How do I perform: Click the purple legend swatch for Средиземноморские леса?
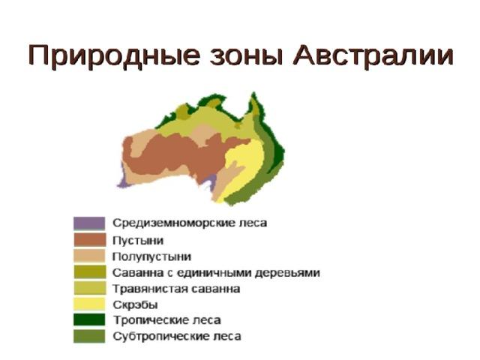coord(89,223)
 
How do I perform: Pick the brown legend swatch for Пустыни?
coord(89,240)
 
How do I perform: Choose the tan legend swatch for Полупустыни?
coord(89,256)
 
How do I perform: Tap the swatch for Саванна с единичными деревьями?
coord(89,271)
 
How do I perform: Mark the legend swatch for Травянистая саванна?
coord(89,288)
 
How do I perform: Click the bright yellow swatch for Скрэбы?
coord(89,304)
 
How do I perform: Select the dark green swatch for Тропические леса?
coord(89,320)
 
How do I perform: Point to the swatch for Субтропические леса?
coord(89,336)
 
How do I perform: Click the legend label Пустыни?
coord(138,241)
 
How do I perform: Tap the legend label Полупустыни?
coord(151,256)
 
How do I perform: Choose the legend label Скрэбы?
coord(135,305)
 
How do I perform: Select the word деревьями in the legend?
coord(287,273)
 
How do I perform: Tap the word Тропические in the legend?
coord(151,321)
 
